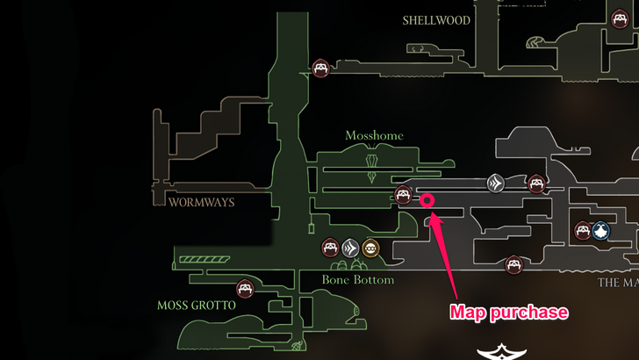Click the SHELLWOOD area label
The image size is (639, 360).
(x=436, y=20)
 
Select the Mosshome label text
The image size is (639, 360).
(x=374, y=136)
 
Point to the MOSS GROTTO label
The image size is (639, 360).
(x=197, y=306)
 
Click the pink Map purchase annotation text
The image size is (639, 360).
(x=508, y=312)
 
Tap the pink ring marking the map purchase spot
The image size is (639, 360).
(x=427, y=200)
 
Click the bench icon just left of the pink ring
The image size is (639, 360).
(x=403, y=195)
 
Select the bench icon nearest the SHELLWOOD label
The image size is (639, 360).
(x=321, y=68)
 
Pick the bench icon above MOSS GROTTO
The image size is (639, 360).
(x=245, y=288)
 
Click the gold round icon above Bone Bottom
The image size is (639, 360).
(x=370, y=248)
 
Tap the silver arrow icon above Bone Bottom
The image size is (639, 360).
(x=350, y=248)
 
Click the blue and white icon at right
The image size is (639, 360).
(x=600, y=231)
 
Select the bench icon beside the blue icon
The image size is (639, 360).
(x=582, y=231)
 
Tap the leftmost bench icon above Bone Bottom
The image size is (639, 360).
(x=330, y=248)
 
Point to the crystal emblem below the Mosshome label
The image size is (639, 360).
(x=375, y=162)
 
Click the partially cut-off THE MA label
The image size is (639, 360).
(x=618, y=283)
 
